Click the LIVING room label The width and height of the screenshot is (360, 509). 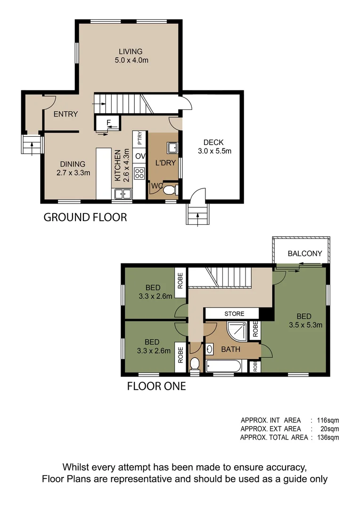(131, 51)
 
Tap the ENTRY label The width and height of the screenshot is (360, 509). (65, 114)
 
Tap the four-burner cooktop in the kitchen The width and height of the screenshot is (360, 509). (139, 173)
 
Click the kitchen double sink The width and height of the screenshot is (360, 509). (123, 193)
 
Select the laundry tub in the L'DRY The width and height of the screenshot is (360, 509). (172, 148)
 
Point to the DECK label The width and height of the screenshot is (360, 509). (213, 142)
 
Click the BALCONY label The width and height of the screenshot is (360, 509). (305, 254)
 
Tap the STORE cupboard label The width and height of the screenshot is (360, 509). (234, 313)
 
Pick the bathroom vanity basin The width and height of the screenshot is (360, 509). (210, 349)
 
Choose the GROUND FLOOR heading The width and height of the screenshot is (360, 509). (85, 217)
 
